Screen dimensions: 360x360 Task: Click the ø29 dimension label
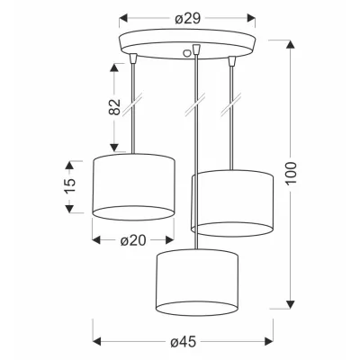click(x=187, y=19)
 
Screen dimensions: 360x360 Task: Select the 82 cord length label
click(x=114, y=107)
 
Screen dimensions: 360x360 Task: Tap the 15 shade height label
click(x=69, y=186)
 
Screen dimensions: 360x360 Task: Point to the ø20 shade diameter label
click(x=133, y=240)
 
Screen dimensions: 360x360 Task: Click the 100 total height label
click(x=291, y=174)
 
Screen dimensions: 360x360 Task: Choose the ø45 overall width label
click(x=184, y=342)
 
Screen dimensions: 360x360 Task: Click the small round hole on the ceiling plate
click(x=187, y=53)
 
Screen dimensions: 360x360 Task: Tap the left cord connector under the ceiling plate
click(x=133, y=58)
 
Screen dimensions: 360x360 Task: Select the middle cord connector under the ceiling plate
click(x=196, y=49)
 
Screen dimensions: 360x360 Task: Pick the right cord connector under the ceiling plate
click(x=231, y=61)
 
